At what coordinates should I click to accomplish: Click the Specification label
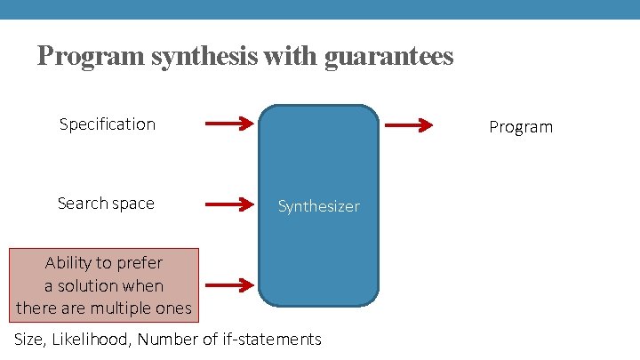[x=108, y=124]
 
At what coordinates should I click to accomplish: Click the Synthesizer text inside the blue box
[x=318, y=206]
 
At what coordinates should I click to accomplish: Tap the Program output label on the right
[x=521, y=127]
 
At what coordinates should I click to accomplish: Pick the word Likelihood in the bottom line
[x=92, y=339]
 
